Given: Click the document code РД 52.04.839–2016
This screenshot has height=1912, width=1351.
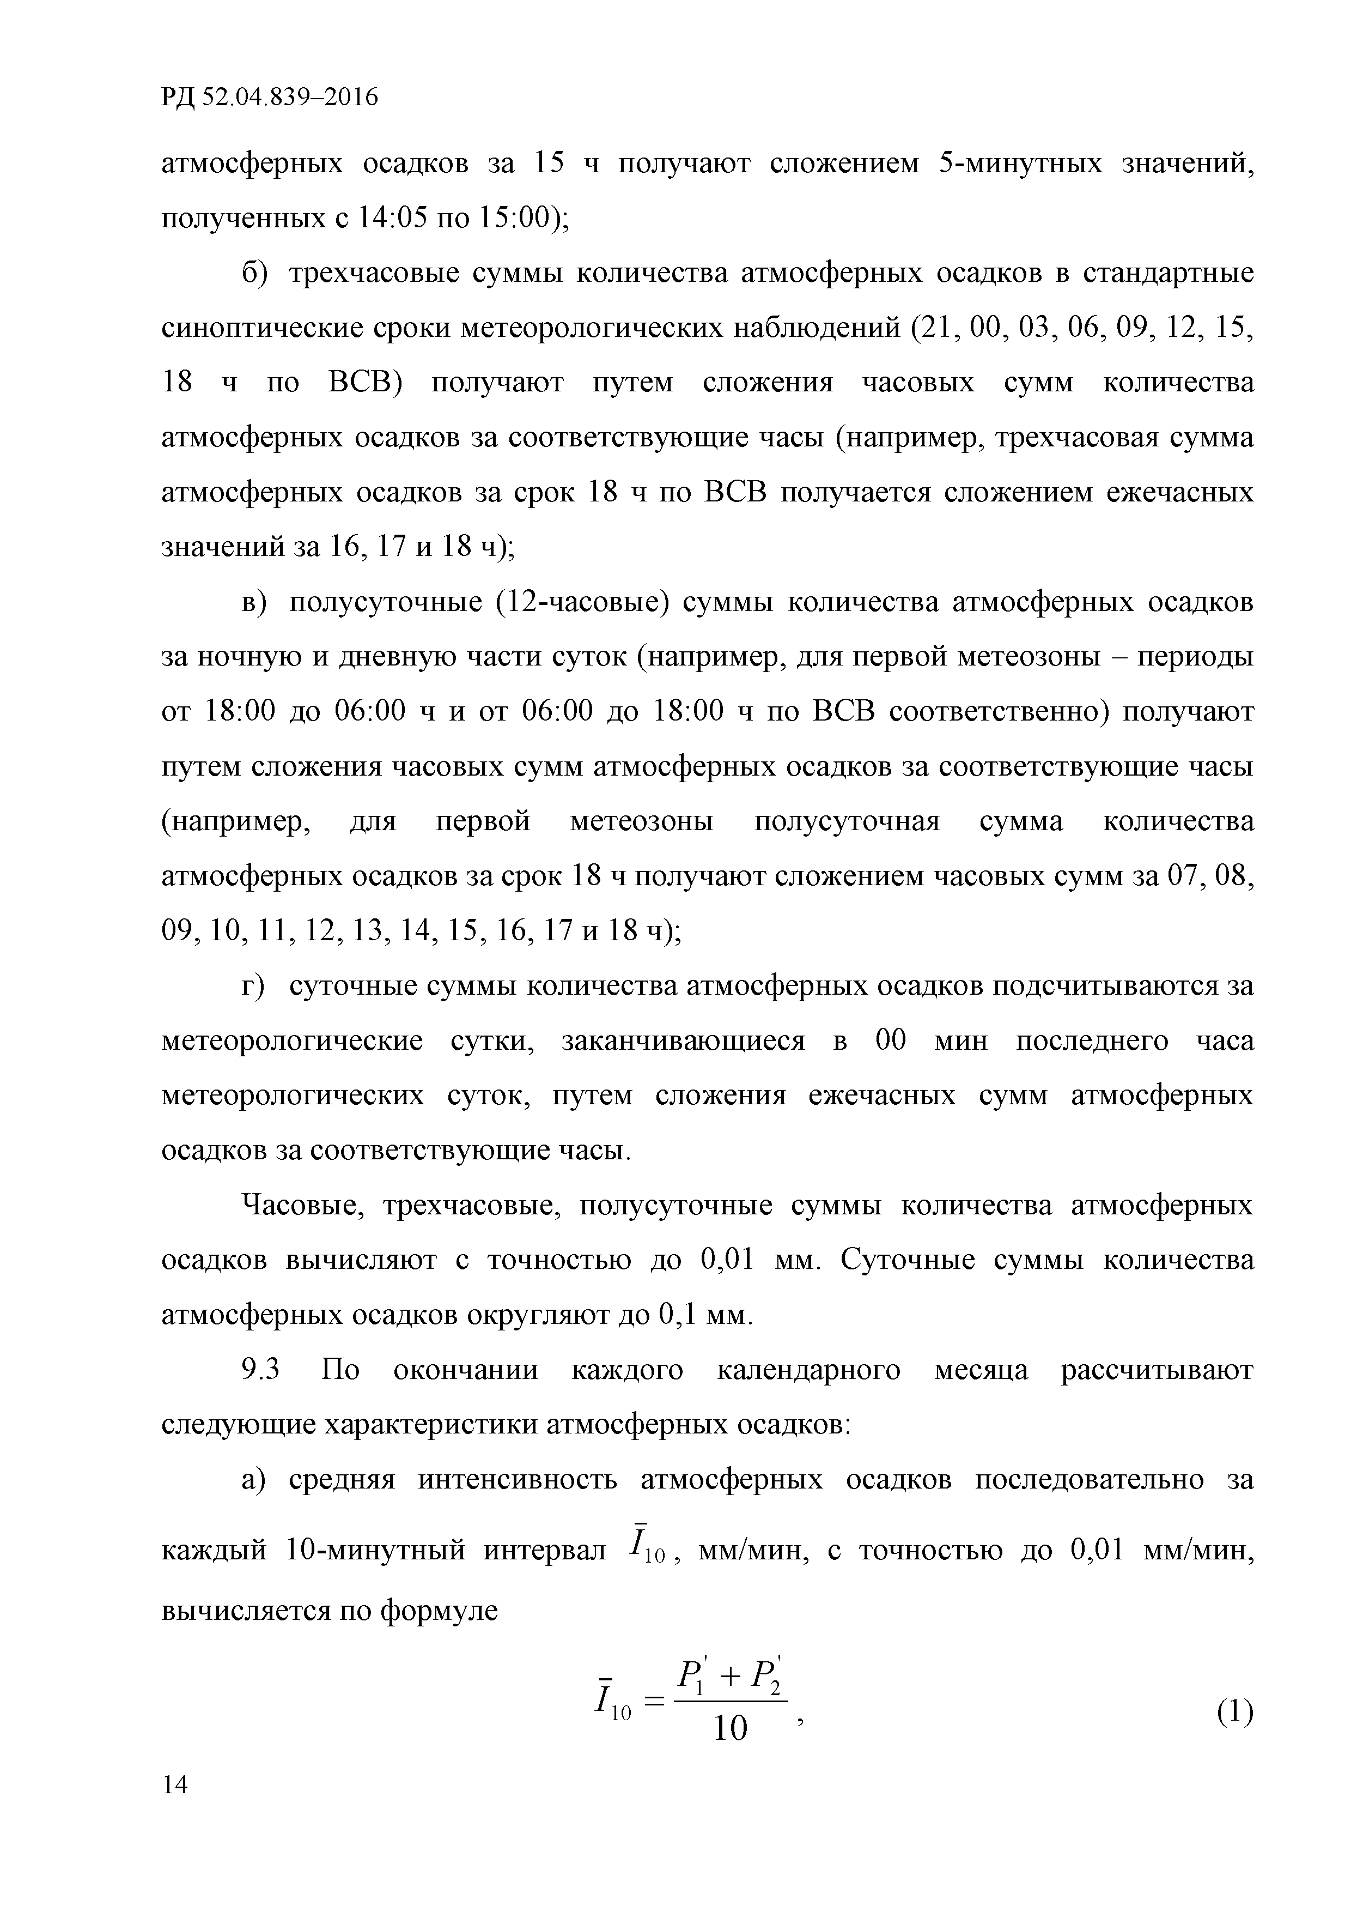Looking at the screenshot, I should click(269, 98).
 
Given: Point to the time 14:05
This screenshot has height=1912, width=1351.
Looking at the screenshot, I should click(392, 218).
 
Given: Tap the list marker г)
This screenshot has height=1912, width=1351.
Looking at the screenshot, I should click(253, 985).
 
